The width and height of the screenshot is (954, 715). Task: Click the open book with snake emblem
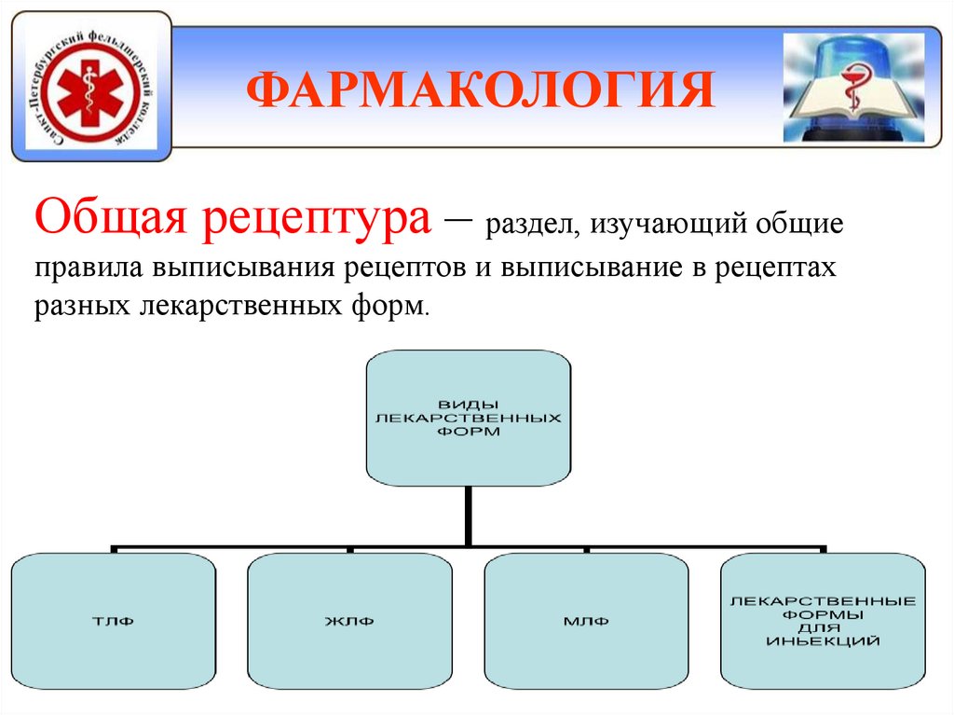pyautogui.click(x=852, y=89)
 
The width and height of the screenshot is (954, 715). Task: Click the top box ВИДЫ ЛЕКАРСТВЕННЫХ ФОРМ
pyautogui.click(x=467, y=417)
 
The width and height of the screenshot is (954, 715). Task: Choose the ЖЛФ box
pyautogui.click(x=350, y=622)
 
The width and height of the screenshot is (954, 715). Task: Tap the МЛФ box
pyautogui.click(x=586, y=622)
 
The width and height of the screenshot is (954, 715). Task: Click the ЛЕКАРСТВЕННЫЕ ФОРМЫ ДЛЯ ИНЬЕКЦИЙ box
pyautogui.click(x=823, y=620)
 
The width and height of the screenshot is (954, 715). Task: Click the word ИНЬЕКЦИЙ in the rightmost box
pyautogui.click(x=823, y=642)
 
